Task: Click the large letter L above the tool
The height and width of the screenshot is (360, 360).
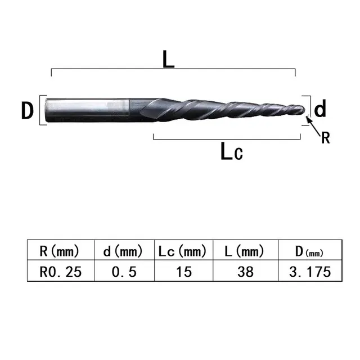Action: pos(168,58)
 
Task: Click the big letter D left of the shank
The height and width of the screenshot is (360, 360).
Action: pos(28,111)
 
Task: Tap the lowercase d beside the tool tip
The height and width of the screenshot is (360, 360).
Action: pos(320,108)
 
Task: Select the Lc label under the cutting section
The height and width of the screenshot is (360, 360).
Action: pos(231,151)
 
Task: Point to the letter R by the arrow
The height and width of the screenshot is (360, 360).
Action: pos(325,138)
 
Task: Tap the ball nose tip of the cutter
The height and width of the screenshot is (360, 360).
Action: pos(304,109)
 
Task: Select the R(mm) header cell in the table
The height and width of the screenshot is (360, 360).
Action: pos(60,251)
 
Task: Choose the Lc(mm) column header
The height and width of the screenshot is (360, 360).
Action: pos(183,251)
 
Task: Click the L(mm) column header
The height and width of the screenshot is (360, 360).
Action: pos(246,251)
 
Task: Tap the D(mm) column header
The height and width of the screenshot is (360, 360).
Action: pos(309,251)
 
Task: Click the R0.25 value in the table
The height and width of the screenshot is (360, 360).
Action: pos(60,272)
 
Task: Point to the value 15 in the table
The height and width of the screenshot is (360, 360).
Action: pos(183,272)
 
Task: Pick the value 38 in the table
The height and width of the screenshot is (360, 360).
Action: pos(246,272)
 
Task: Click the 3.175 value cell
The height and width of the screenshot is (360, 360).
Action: pos(309,272)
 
